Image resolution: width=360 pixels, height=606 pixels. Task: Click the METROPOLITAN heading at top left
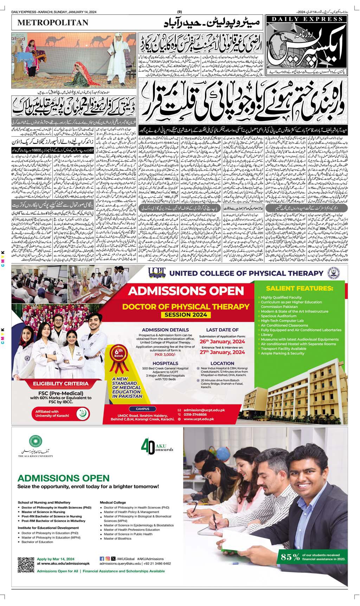coord(53,23)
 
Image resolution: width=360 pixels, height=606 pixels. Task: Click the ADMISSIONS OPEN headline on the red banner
coord(186,291)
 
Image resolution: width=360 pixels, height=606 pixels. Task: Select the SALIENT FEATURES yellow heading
coord(299,288)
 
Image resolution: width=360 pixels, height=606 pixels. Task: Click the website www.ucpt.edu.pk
coord(199,419)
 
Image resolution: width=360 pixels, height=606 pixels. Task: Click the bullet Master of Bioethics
coord(117,538)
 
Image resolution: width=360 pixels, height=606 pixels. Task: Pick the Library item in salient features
coord(267,335)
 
